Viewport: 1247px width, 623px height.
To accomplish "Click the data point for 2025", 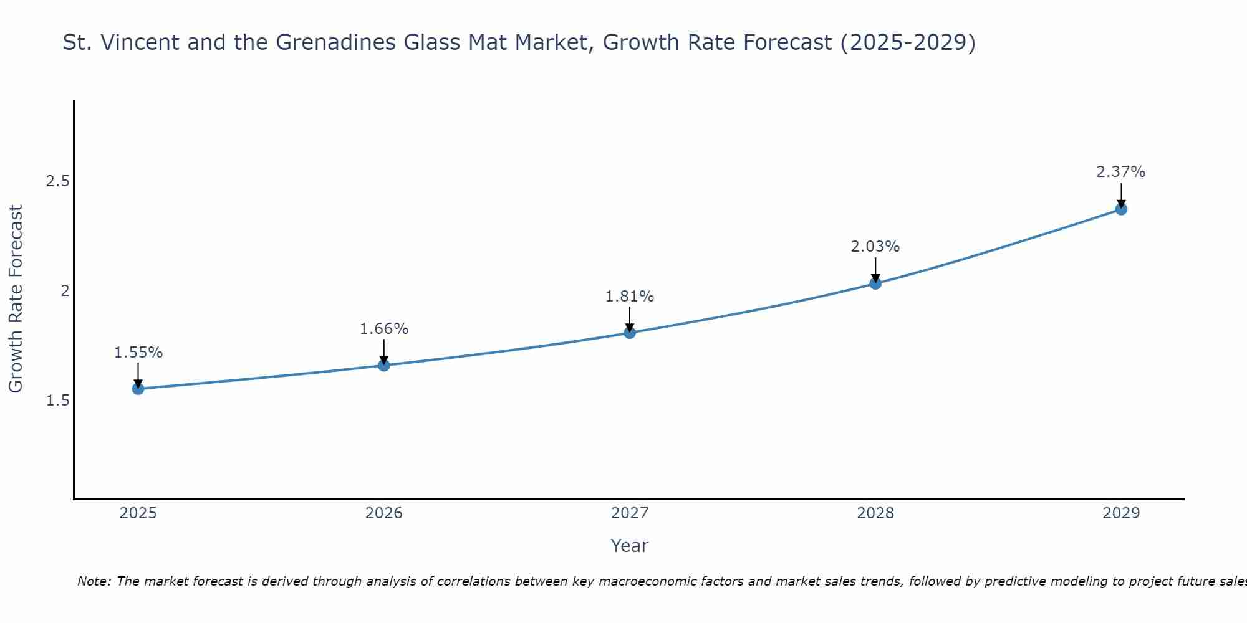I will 138,389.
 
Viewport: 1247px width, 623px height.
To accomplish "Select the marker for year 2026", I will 384,365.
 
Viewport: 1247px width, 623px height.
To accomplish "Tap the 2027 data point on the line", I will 630,333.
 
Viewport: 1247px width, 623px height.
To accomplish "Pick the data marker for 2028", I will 875,283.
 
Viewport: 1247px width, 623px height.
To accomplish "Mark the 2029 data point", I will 1121,209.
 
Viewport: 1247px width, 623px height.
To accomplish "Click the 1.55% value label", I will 138,353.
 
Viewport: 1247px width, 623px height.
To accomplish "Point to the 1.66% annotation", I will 384,329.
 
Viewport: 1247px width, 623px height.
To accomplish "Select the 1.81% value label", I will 630,297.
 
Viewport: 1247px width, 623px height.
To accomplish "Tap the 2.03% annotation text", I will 875,247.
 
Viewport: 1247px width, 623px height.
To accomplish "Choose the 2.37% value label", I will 1121,172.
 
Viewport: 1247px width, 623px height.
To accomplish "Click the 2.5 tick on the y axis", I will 57,181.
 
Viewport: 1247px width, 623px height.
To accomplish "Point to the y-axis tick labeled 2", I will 65,290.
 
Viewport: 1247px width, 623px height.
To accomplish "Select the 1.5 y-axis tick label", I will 57,400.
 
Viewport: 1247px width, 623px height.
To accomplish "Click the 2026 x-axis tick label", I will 384,513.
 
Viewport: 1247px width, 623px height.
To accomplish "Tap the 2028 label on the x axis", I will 875,513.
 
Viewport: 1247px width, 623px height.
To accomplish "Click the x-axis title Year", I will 630,546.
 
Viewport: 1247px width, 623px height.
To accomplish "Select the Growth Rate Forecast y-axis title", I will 16,299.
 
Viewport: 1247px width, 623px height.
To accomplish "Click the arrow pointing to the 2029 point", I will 1121,194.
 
